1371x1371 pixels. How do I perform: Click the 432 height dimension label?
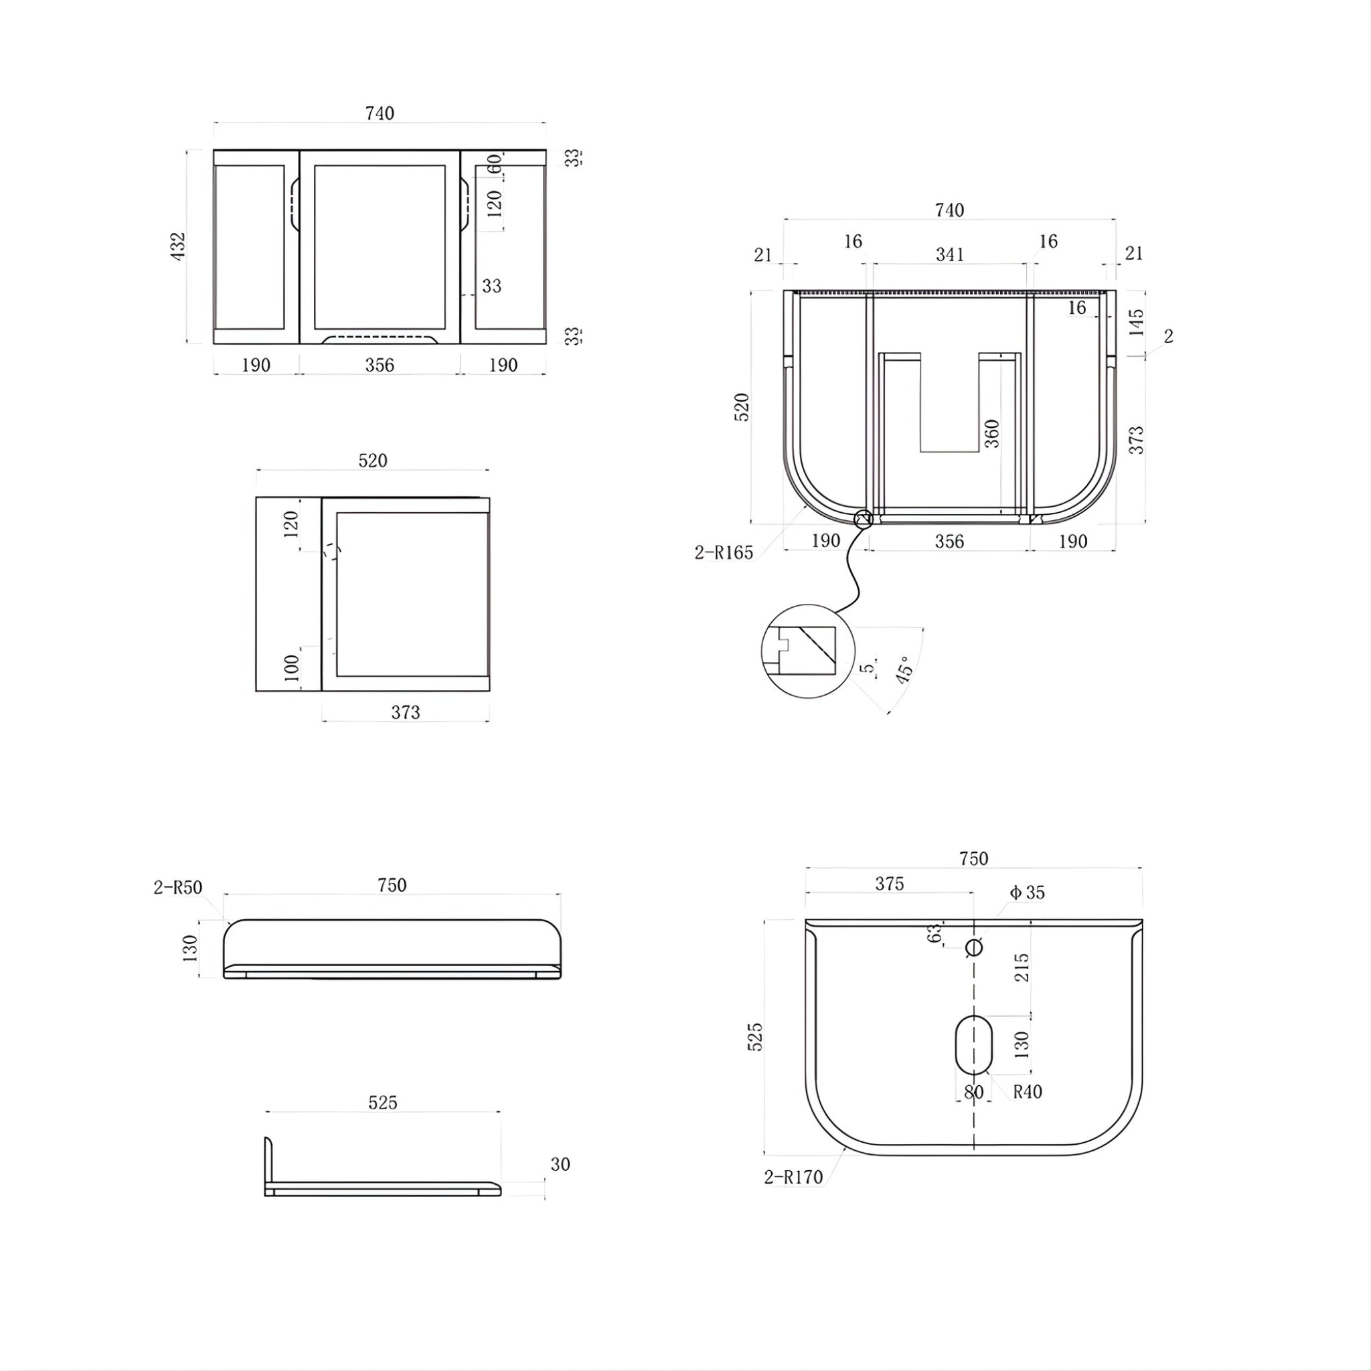178,246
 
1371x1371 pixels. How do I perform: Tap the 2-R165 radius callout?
724,553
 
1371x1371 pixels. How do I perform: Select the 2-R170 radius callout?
793,1178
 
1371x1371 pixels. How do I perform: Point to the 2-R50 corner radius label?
178,888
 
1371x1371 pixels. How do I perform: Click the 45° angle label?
903,669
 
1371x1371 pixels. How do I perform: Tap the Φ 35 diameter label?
1027,893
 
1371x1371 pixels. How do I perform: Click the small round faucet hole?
974,947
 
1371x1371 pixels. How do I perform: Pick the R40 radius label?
1028,1091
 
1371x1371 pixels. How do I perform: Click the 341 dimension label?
949,255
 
